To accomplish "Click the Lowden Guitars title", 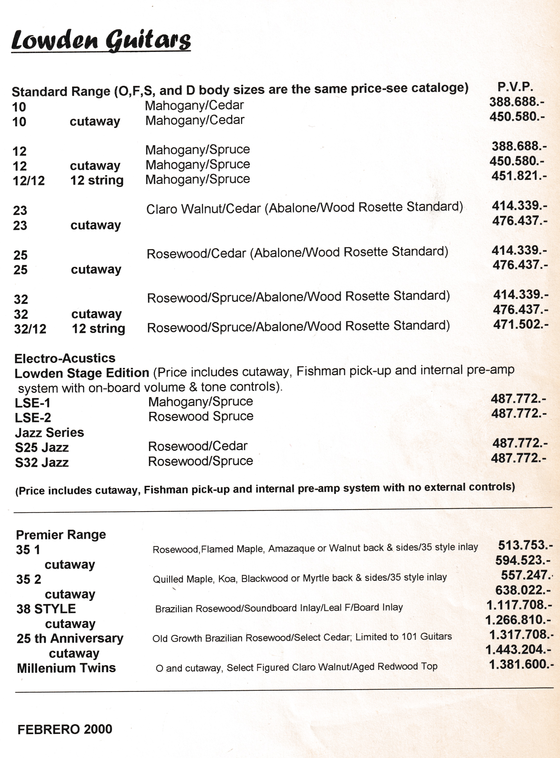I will pyautogui.click(x=101, y=41).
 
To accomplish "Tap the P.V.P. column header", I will pyautogui.click(x=515, y=87).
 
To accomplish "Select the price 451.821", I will pyautogui.click(x=519, y=176).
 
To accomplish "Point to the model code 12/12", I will pyautogui.click(x=29, y=181).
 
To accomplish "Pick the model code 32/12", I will pyautogui.click(x=30, y=329).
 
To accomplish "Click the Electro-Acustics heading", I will pyautogui.click(x=65, y=358).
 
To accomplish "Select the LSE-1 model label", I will pyautogui.click(x=33, y=403).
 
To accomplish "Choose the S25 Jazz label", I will pyautogui.click(x=42, y=448).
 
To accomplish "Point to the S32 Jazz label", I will pyautogui.click(x=42, y=463).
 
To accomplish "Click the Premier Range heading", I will pyautogui.click(x=61, y=535).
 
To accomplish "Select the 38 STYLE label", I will pyautogui.click(x=46, y=609).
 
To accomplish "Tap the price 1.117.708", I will pyautogui.click(x=519, y=605).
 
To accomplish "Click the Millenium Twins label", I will pyautogui.click(x=66, y=668).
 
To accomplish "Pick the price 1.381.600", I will pyautogui.click(x=521, y=664).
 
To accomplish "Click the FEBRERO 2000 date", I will pyautogui.click(x=65, y=729).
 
